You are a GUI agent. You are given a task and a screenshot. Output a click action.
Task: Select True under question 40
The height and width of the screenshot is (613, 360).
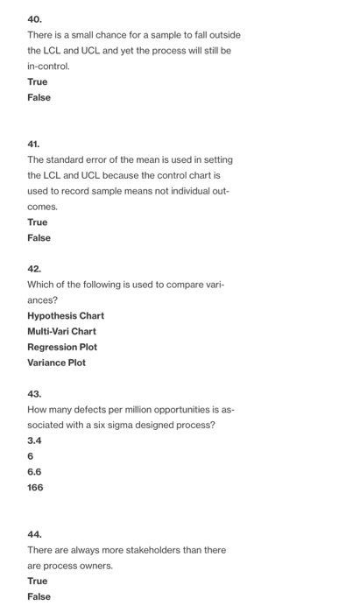tap(38, 81)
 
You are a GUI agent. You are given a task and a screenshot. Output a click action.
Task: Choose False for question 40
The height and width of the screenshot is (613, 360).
tap(39, 97)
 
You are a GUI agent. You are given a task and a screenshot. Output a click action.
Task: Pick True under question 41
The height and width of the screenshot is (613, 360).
tap(38, 222)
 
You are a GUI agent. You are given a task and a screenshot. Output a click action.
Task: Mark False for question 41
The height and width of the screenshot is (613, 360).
tap(39, 237)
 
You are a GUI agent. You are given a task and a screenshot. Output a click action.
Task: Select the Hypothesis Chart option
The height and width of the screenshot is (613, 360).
tap(66, 315)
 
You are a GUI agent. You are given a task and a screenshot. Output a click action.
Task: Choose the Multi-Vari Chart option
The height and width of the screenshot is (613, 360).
tap(62, 331)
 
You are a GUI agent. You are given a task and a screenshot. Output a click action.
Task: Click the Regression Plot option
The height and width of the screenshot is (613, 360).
tap(62, 347)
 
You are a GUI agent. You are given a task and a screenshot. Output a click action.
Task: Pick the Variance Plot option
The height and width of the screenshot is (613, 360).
tap(57, 363)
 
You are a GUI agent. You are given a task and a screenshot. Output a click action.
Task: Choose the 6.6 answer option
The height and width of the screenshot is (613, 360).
tap(35, 471)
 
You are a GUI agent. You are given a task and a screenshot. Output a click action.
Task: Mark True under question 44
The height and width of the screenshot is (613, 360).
tap(38, 581)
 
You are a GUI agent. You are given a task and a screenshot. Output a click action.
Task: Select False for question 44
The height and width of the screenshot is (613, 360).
tap(39, 596)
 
